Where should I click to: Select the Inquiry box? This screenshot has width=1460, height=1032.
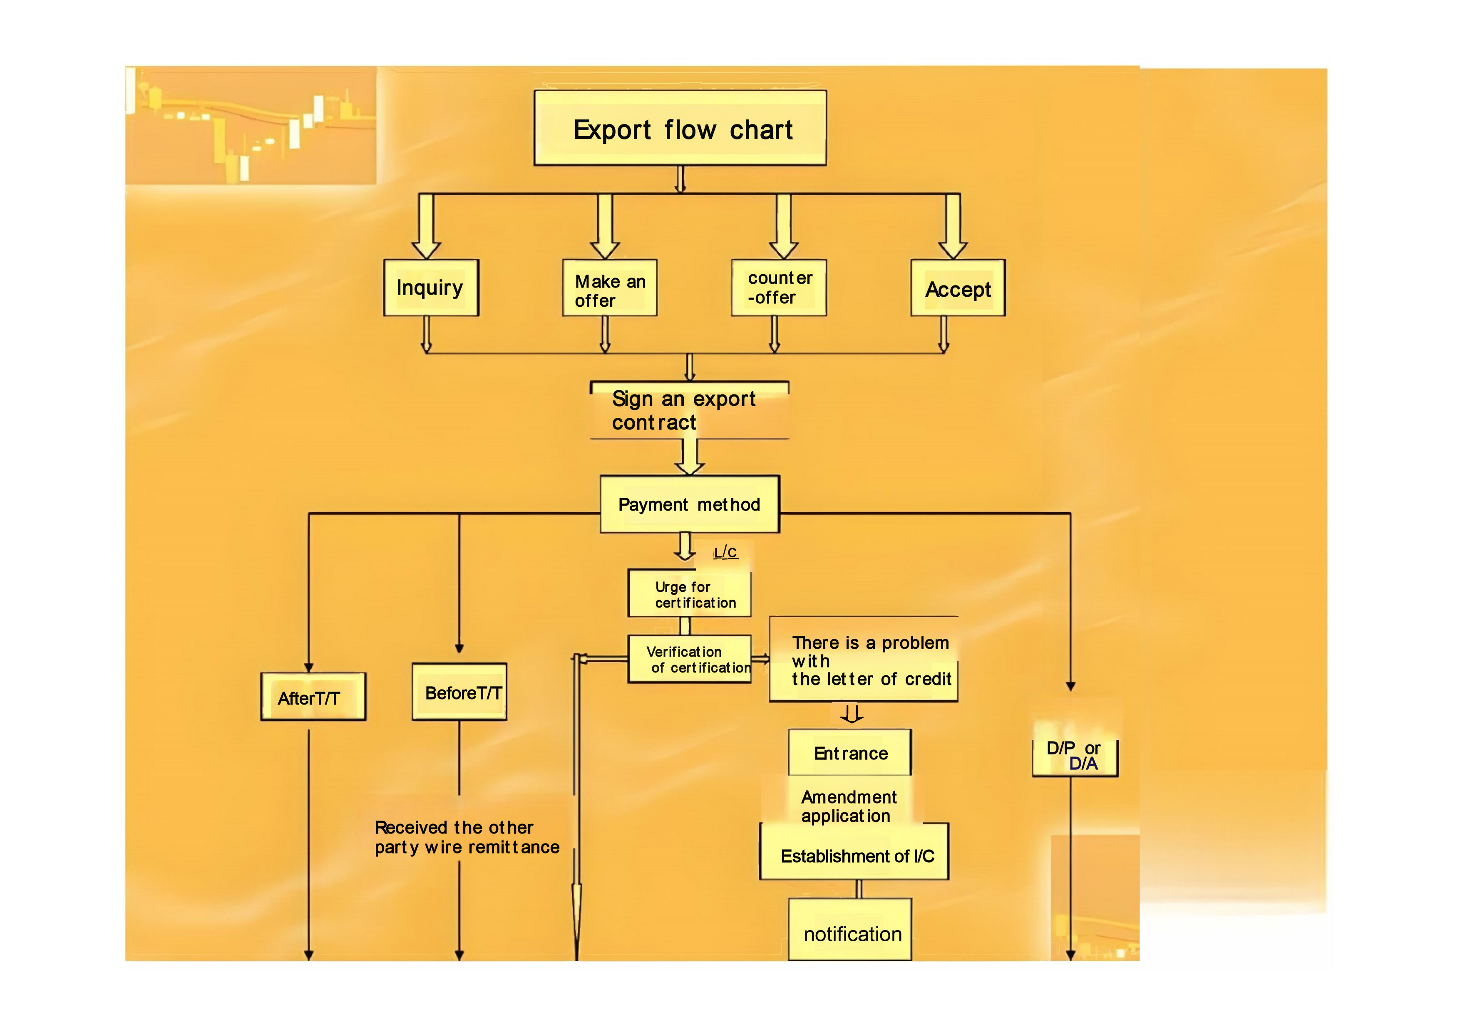(430, 288)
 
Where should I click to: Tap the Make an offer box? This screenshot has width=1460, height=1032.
(609, 288)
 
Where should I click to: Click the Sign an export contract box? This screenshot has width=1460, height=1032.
(689, 410)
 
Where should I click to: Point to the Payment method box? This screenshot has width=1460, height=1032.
(689, 504)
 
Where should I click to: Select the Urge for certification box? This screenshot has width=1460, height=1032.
(689, 594)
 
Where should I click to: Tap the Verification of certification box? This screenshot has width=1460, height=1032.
(689, 660)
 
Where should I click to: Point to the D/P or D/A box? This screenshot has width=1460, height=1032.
(1075, 756)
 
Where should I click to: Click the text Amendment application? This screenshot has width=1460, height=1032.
(848, 806)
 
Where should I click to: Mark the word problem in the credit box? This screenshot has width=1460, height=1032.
(915, 643)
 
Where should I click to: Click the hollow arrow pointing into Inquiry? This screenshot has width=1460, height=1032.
(426, 227)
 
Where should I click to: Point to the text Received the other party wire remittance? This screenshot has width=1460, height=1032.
(466, 837)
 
